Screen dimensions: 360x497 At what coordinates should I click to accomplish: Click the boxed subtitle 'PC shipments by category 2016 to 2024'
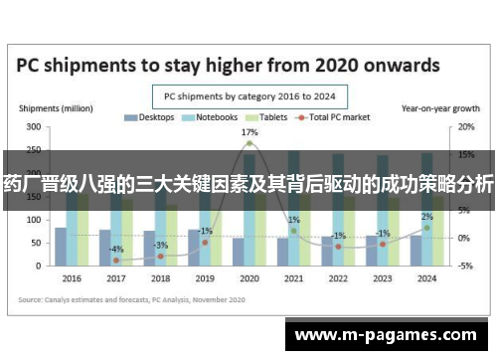point(248,97)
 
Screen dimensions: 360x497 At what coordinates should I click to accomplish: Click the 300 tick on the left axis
point(33,127)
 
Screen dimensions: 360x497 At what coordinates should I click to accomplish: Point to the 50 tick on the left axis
point(36,243)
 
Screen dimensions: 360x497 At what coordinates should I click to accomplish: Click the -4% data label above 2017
point(116,249)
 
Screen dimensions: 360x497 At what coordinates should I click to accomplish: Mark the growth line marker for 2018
point(161,257)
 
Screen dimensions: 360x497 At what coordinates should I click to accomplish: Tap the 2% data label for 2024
point(426,217)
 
